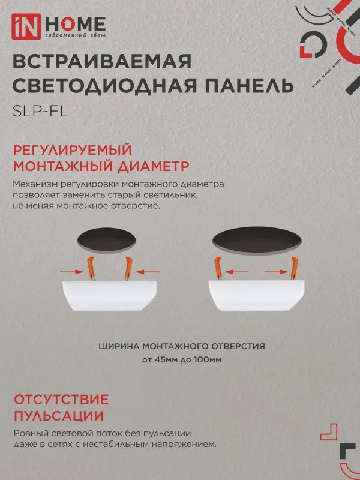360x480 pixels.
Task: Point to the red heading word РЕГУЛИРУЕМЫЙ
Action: [71, 149]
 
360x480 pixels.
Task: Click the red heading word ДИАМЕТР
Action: [155, 165]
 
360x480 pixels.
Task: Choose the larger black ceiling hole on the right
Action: [257, 239]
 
